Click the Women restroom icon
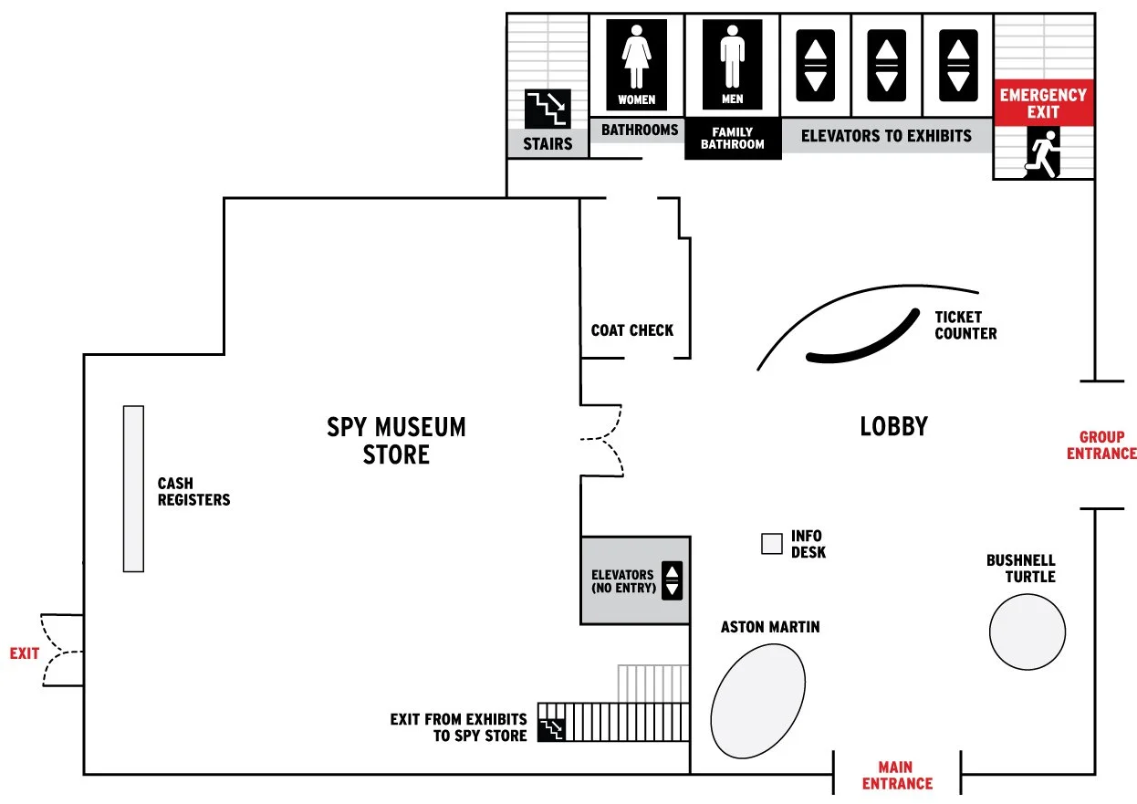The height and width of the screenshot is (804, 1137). coord(636,65)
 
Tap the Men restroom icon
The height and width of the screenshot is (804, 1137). coord(732,65)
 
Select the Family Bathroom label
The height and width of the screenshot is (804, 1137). coord(733,139)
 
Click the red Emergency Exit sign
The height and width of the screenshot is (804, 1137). coord(1043,102)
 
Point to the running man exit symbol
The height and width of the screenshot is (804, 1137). coord(1042,152)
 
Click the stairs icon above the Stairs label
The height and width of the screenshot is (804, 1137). coord(548,110)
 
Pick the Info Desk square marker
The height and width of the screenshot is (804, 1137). coord(772,544)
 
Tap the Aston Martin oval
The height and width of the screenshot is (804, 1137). coord(758,699)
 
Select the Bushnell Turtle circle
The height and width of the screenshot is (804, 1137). coord(1027,632)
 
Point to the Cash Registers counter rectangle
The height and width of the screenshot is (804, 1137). coord(133,488)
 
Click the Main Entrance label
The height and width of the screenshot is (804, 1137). coord(897,776)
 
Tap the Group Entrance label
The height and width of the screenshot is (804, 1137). coord(1101,446)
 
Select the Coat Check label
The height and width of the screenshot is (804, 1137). coord(632,330)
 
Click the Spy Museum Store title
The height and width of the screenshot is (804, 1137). coord(396,440)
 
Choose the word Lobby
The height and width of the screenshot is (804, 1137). coord(893,426)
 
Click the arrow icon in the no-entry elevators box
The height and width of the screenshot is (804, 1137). coord(672,580)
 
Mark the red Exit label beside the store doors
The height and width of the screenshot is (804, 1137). coord(25,653)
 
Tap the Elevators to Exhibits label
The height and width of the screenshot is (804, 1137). coord(886,136)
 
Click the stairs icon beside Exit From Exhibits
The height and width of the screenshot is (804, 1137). coord(551,728)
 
